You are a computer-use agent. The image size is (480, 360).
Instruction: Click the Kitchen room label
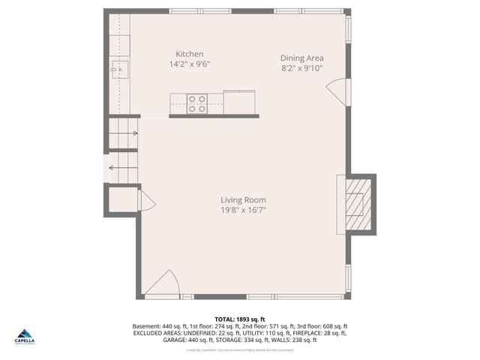point(189,54)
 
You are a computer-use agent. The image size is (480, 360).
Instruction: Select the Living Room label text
point(243,200)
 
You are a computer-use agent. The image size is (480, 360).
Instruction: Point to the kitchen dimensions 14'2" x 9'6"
point(189,64)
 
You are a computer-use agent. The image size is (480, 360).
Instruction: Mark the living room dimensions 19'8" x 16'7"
point(243,211)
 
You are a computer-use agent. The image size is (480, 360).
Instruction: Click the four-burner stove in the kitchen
point(196,103)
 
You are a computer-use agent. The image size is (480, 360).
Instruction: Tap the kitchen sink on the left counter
point(118,70)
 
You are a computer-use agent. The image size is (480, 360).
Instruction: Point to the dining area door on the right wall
point(340,90)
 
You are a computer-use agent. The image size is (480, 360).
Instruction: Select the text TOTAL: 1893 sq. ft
point(240,319)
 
